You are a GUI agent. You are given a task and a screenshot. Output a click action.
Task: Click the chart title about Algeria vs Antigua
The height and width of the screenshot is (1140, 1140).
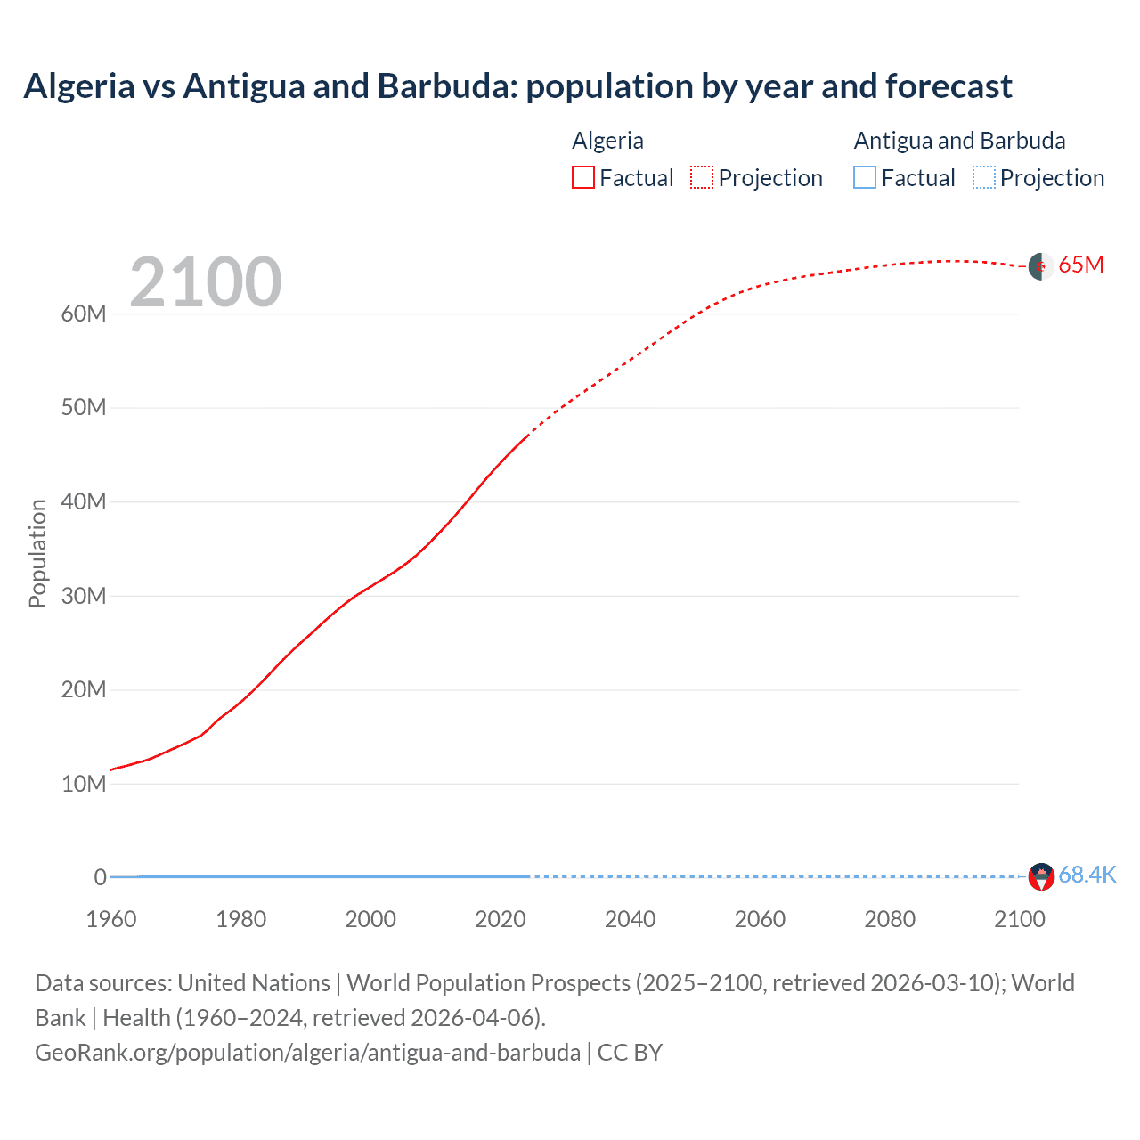click(x=517, y=86)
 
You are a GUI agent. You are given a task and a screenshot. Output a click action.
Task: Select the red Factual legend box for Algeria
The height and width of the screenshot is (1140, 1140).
click(x=582, y=178)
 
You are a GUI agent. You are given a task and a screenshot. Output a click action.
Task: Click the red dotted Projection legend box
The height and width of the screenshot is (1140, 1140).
click(x=702, y=178)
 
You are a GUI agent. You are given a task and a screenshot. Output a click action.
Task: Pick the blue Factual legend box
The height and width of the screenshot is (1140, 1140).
click(x=864, y=178)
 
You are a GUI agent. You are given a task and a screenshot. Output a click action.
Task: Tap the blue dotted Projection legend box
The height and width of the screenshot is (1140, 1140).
click(x=983, y=178)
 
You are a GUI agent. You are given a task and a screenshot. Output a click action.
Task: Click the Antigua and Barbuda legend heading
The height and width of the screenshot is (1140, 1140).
click(x=959, y=141)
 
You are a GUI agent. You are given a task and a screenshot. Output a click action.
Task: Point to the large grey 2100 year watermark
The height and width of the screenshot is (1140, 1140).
click(x=206, y=282)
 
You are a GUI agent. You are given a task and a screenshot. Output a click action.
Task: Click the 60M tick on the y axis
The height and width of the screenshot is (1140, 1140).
click(x=84, y=313)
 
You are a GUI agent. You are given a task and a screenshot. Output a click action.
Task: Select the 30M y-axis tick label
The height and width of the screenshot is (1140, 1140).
click(x=84, y=596)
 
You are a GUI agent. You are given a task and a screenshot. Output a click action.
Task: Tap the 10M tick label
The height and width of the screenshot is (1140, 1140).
click(x=84, y=784)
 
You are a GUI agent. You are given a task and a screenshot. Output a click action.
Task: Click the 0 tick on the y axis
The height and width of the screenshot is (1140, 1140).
click(x=100, y=877)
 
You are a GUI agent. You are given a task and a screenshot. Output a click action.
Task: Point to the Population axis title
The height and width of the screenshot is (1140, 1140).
click(x=37, y=553)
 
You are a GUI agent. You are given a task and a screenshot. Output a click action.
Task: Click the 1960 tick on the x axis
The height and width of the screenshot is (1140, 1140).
click(x=111, y=919)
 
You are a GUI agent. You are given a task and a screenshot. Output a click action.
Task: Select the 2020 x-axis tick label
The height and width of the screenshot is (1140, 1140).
click(x=501, y=919)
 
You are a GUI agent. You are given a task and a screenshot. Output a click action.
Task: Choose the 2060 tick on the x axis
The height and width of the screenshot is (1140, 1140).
click(x=760, y=919)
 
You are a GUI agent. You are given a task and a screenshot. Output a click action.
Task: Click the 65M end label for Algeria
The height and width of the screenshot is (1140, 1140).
click(x=1080, y=265)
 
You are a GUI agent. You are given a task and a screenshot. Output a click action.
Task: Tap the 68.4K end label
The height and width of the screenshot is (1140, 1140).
click(x=1087, y=875)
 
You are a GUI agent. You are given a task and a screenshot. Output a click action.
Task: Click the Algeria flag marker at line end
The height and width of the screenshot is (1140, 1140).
click(x=1041, y=266)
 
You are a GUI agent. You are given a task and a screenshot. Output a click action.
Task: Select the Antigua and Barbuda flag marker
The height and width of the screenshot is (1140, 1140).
click(x=1041, y=876)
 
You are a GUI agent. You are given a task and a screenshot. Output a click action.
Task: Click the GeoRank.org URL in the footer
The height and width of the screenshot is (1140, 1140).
click(x=307, y=1053)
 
